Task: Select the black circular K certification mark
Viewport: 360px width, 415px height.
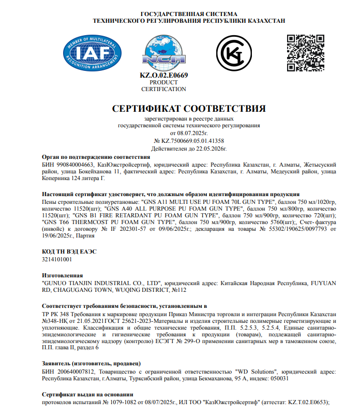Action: [235, 52]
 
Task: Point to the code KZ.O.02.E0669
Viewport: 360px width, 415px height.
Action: [163, 76]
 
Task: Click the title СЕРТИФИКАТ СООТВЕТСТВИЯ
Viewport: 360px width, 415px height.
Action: [189, 109]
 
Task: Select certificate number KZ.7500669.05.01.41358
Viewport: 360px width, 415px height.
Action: [192, 141]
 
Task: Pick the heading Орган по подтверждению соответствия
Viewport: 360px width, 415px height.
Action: [96, 156]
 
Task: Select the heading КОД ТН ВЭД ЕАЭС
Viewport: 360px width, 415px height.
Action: [69, 251]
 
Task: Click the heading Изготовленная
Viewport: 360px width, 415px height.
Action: [62, 276]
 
